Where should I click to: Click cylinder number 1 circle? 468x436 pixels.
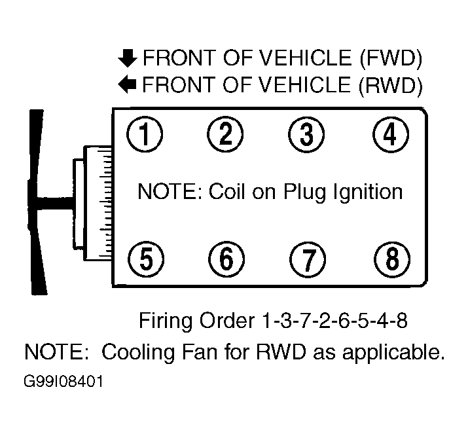pos(145,136)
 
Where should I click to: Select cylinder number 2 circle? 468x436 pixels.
pos(225,136)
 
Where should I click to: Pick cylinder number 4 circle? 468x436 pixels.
pos(390,136)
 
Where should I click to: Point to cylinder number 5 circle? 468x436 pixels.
pos(145,260)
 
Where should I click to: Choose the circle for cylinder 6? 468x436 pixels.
pos(225,260)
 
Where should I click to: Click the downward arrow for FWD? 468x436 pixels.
pos(126,60)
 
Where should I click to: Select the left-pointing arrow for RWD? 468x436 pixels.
pos(126,84)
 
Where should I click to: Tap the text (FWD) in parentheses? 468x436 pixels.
pos(389,60)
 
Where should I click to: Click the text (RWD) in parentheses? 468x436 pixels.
pos(389,84)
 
